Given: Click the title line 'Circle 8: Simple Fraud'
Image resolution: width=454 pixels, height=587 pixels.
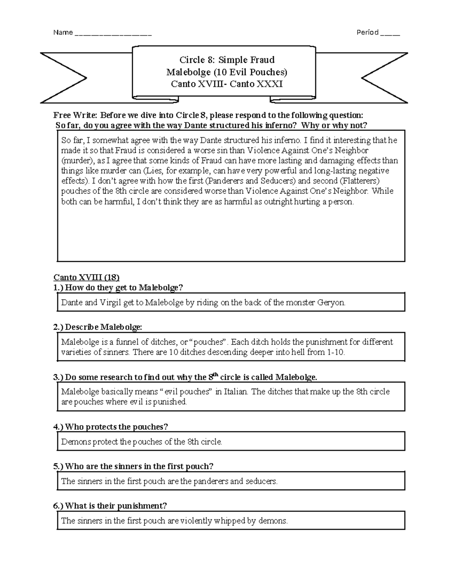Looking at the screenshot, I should tap(227, 60).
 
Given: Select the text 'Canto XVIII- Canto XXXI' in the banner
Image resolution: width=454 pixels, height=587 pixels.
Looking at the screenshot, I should tap(227, 84).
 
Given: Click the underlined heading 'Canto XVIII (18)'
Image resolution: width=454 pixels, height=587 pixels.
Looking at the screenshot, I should tap(87, 277).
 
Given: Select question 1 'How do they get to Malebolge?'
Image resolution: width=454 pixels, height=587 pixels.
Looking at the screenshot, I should tap(124, 288).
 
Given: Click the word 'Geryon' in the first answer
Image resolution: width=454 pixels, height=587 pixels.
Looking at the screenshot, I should tap(332, 303).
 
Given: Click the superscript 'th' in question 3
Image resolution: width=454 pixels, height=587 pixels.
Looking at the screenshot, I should tap(215, 374).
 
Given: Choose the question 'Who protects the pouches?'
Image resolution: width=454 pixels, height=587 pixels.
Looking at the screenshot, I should tap(116, 427).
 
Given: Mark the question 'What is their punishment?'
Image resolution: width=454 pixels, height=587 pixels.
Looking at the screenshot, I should tap(115, 506).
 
